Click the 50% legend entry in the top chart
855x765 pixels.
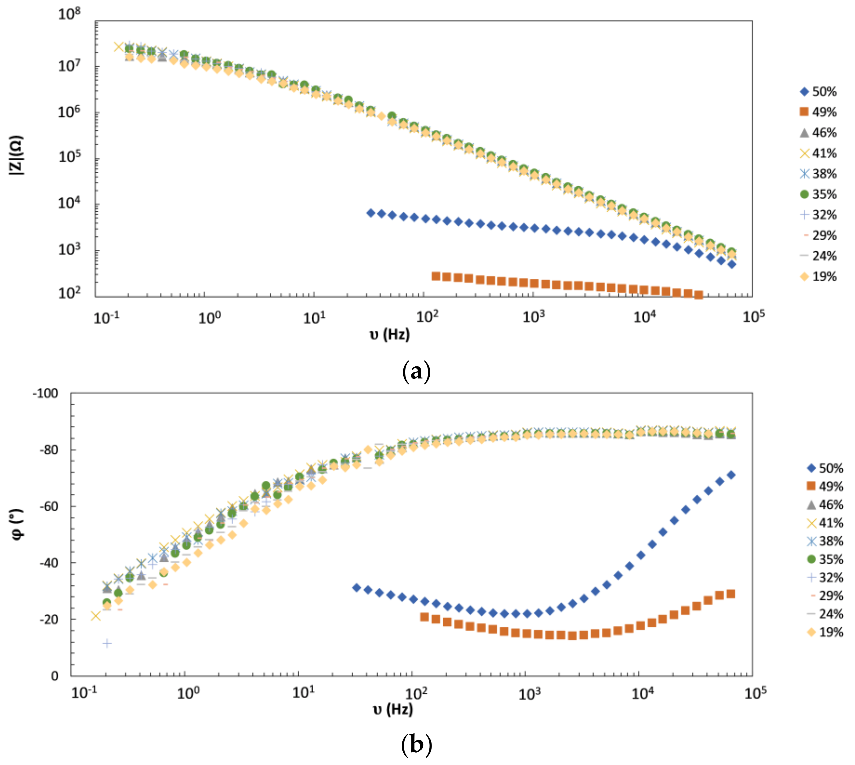point(818,92)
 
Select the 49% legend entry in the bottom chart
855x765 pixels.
point(825,486)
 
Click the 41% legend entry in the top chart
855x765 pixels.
point(818,153)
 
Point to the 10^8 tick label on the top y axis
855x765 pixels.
point(69,14)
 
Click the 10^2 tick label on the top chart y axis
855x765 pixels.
point(69,292)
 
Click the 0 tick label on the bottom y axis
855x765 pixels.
point(55,676)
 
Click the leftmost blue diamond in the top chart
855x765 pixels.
point(370,213)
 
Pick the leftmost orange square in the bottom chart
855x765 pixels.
point(424,617)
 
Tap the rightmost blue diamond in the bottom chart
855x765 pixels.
point(731,475)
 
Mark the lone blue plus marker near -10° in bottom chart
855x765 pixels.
point(107,643)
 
